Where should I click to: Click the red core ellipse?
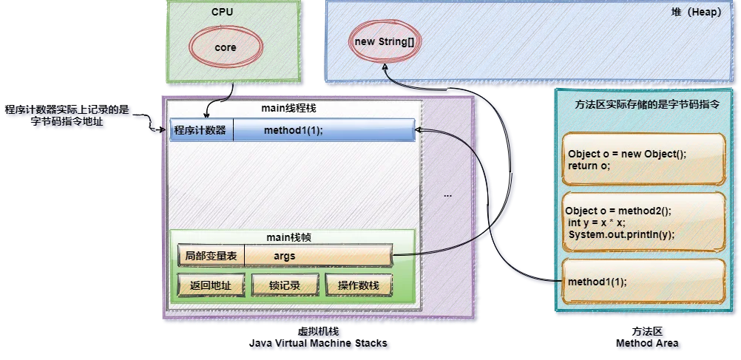(226, 47)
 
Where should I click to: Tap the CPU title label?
(223, 13)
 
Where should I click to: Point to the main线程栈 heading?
(289, 109)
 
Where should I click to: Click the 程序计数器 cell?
(200, 130)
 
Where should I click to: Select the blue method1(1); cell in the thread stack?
(324, 130)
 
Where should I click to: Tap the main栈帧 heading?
(290, 237)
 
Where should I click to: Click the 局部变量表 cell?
(211, 256)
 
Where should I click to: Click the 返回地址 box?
(211, 285)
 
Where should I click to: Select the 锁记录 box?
(284, 285)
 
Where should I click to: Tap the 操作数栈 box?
(359, 285)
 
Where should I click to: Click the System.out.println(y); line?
(622, 234)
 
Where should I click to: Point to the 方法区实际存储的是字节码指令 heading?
(646, 105)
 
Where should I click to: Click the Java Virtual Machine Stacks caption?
(319, 344)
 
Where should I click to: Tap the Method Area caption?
(649, 344)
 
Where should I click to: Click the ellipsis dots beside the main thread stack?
(447, 196)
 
